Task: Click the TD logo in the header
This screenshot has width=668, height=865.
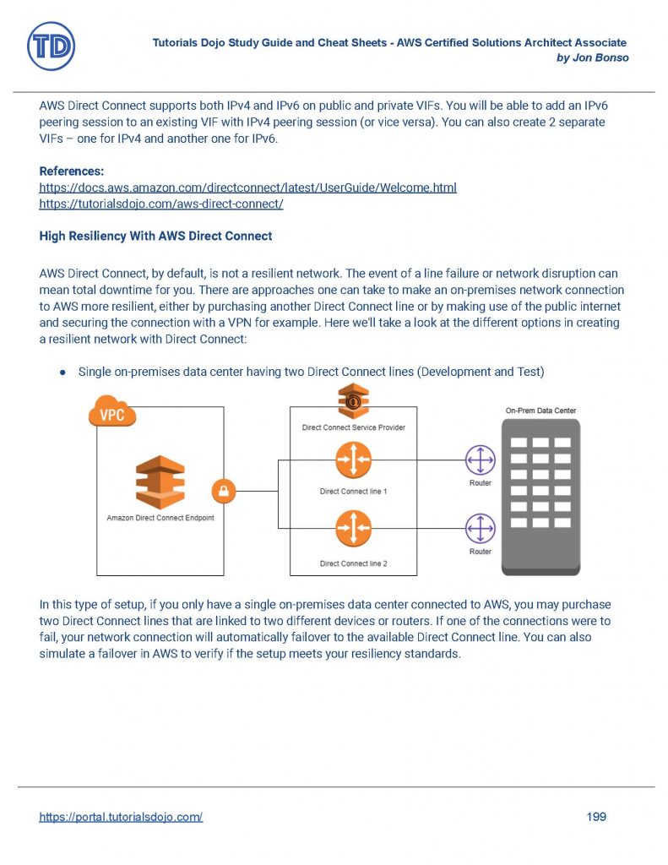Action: [51, 46]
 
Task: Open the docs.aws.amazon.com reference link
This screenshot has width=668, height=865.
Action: [247, 188]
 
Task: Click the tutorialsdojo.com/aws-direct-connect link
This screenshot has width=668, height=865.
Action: [160, 204]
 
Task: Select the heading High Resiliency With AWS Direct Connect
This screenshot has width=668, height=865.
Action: [155, 237]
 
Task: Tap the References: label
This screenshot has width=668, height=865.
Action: [72, 171]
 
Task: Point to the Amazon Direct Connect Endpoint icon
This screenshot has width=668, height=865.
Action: [160, 481]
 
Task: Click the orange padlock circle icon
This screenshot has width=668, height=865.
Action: [226, 491]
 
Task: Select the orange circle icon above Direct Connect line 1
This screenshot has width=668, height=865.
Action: [353, 460]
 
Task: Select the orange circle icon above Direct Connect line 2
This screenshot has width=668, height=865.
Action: [353, 530]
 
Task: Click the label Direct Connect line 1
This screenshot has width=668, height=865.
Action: [353, 492]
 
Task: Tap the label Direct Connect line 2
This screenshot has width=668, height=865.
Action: [353, 563]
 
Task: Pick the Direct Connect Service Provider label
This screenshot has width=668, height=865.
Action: [353, 427]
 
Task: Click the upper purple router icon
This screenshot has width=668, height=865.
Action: [481, 460]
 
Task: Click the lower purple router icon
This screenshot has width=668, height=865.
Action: [481, 530]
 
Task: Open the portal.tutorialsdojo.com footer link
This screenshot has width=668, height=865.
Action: [121, 817]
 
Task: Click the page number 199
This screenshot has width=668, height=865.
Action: [596, 817]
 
